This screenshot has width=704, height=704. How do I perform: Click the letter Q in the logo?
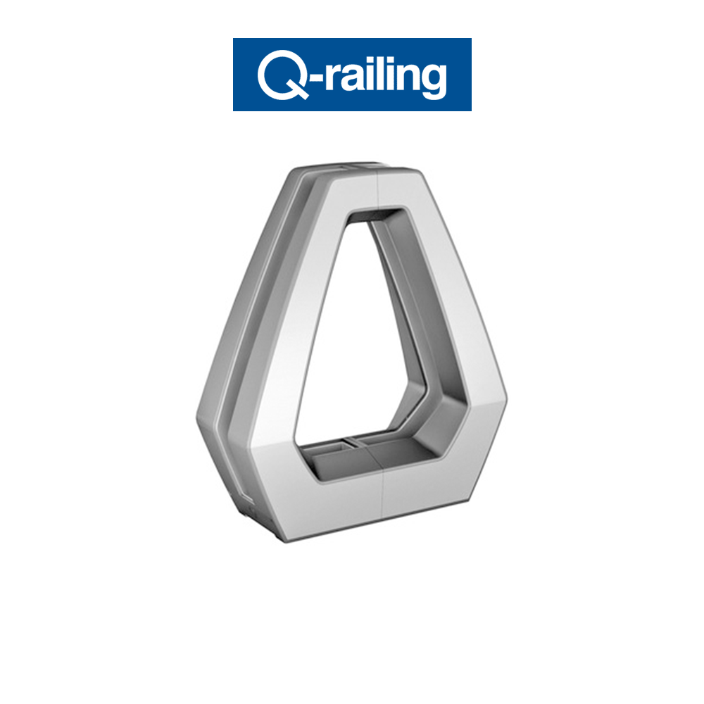[x=279, y=75]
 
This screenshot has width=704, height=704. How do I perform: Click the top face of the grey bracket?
[x=338, y=169]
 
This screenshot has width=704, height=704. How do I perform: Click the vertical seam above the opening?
[x=380, y=190]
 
